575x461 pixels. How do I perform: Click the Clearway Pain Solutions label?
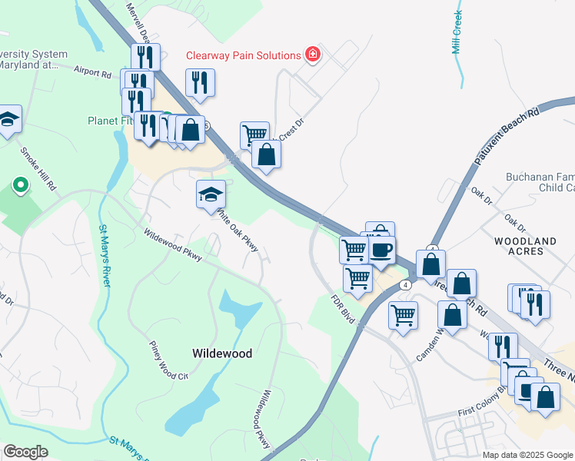coord(243,55)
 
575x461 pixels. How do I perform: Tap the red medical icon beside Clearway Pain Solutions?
coord(312,55)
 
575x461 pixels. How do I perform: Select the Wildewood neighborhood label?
coord(222,353)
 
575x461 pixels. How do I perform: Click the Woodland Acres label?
coord(525,247)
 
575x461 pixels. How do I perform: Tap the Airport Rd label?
coord(93,72)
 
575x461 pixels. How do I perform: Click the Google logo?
coord(25,452)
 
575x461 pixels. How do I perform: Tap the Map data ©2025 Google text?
coord(527,455)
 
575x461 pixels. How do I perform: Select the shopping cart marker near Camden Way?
coord(403,314)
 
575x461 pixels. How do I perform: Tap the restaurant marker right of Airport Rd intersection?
coord(200,82)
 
